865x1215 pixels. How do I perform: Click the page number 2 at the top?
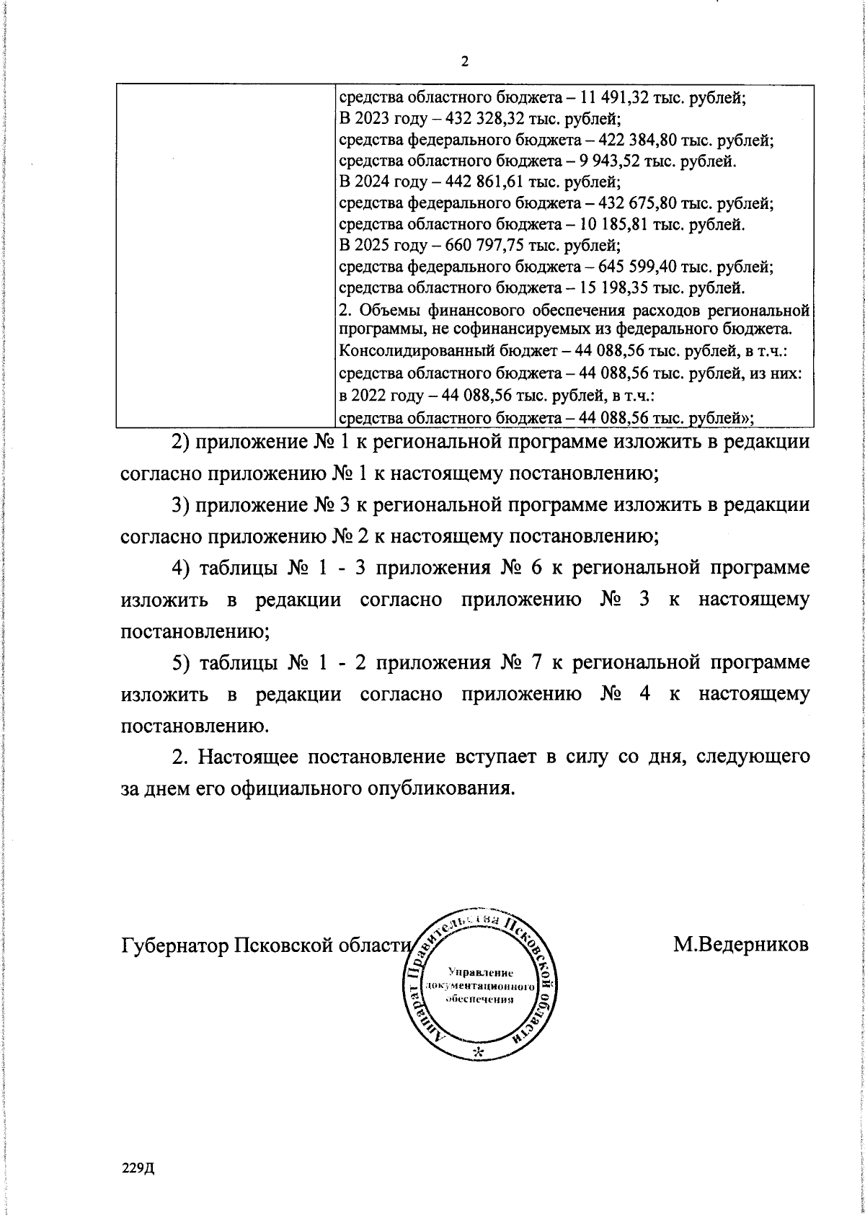pos(464,63)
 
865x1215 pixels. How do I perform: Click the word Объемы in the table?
pos(385,311)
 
